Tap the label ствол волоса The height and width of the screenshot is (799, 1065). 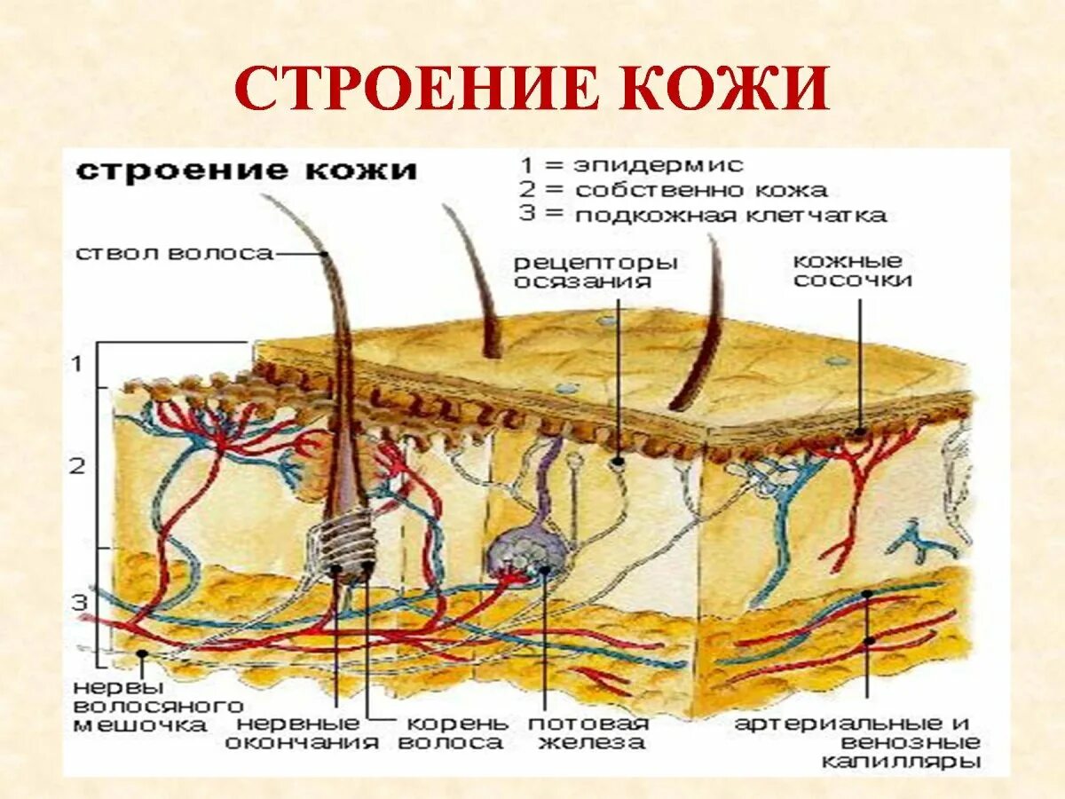[x=174, y=254]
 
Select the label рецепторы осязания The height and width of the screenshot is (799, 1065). [x=596, y=272]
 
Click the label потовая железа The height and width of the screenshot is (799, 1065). [x=588, y=732]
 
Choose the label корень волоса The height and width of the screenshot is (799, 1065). [x=452, y=732]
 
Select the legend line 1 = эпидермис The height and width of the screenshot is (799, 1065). [x=631, y=165]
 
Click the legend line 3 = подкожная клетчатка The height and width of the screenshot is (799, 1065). [x=703, y=215]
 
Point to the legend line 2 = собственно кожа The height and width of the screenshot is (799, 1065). [x=674, y=190]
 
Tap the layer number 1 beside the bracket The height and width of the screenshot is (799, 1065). [x=79, y=363]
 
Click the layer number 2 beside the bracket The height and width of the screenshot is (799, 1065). [x=79, y=465]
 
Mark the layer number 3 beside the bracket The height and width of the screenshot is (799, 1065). [x=79, y=603]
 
